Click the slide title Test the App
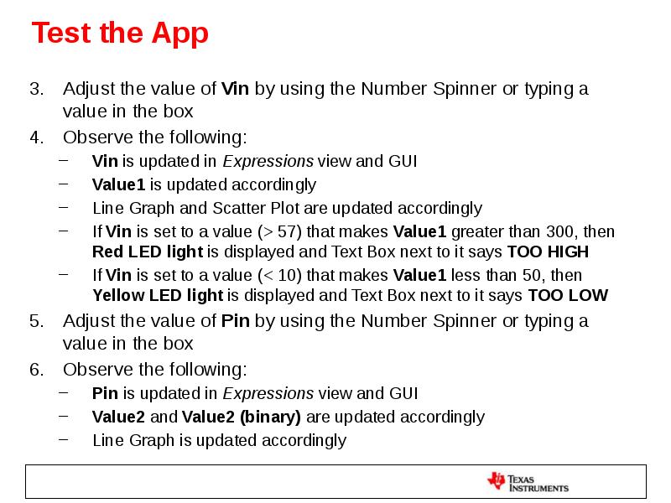tap(120, 34)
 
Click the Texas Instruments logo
tap(528, 482)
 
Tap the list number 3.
tap(36, 89)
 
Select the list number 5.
tap(36, 321)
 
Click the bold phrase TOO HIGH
tap(548, 252)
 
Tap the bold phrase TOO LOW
tap(568, 295)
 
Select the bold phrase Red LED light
tap(148, 252)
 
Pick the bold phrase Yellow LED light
tap(158, 295)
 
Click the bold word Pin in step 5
tap(235, 321)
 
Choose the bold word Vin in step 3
tap(235, 89)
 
